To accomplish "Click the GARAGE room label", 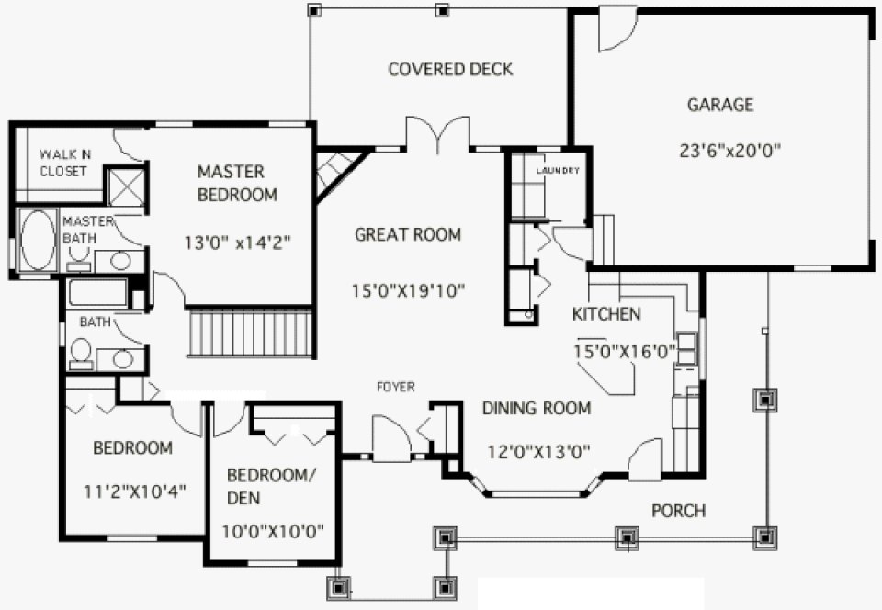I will (720, 105).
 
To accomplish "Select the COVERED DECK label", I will (450, 70).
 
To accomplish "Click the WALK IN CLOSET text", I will (63, 164).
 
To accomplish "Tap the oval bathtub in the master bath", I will (38, 242).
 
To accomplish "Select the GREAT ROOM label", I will (408, 234).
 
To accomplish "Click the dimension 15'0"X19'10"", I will (408, 291).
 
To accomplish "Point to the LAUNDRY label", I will (559, 171).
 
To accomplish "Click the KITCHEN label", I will (606, 314).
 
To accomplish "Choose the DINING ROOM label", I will (537, 408).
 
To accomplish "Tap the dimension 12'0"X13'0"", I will (537, 451).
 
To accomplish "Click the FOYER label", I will (396, 387).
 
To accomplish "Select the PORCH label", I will (679, 510).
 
